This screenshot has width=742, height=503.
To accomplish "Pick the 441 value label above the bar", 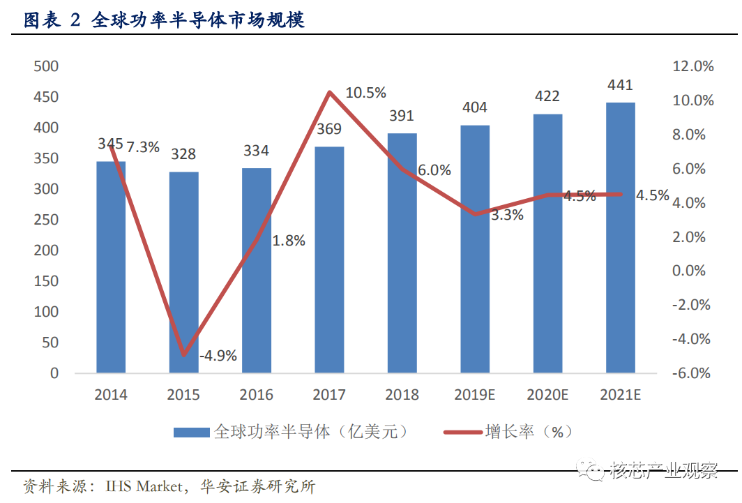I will pos(621,86).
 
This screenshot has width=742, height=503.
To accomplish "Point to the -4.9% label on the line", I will pos(218,356).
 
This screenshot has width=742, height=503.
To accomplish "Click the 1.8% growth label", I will pos(289,241).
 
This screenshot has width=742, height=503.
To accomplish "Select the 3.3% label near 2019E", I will pos(507,215).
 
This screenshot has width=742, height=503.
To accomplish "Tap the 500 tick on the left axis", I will pos(45,66).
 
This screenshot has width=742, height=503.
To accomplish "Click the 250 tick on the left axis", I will pos(45,220).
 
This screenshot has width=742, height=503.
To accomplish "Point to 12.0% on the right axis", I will pos(692,66).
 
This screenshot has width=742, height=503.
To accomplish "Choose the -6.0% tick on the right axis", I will pos(692,373).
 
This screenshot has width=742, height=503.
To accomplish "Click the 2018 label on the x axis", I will pos(402,395).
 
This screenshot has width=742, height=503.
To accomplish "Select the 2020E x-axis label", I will pos(547,395).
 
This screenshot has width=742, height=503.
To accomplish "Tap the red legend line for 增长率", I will pos(462,433).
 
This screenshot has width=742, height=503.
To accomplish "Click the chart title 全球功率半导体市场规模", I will pos(198,21).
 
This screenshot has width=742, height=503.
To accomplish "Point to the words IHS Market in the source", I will pos(144,486).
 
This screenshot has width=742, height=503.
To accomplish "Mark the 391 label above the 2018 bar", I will pos(402,117).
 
